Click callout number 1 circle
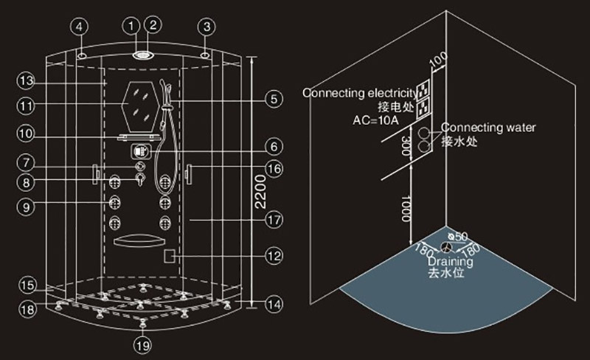tap(133, 26)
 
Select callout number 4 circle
tap(81, 26)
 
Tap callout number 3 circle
tap(207, 26)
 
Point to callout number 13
tap(27, 79)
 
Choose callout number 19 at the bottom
tap(143, 343)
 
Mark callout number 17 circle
tap(274, 219)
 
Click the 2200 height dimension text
tap(269, 190)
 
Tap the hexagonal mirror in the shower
tap(139, 104)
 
